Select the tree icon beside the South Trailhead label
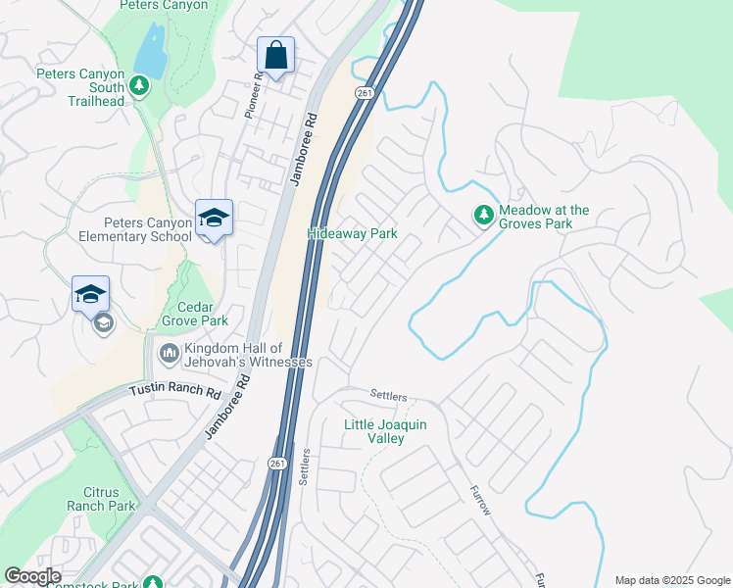(139, 86)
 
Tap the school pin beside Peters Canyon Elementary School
(214, 219)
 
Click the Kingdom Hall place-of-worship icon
(168, 352)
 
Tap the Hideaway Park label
(352, 234)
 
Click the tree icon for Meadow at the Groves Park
(483, 214)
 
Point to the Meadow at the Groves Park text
(545, 217)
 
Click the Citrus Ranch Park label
(100, 499)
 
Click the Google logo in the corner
(32, 576)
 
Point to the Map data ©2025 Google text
(672, 580)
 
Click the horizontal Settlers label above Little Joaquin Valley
(388, 395)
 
